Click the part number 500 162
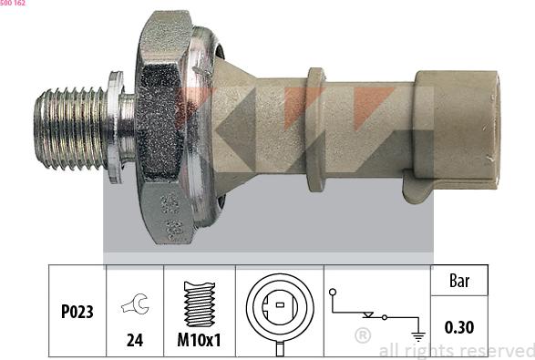click(12, 3)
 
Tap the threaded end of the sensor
click(70, 129)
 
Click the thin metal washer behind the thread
click(116, 128)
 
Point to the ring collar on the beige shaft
click(315, 129)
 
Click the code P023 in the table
click(77, 312)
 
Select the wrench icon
click(135, 303)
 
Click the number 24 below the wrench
click(135, 340)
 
